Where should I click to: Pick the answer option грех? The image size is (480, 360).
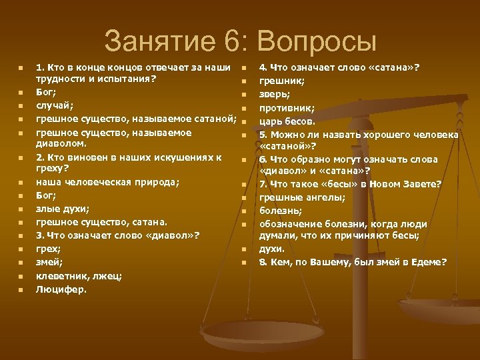(x=47, y=248)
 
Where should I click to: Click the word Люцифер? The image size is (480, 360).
(x=61, y=289)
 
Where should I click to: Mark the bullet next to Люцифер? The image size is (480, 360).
(x=20, y=289)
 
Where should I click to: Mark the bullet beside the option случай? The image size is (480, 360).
(x=20, y=105)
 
